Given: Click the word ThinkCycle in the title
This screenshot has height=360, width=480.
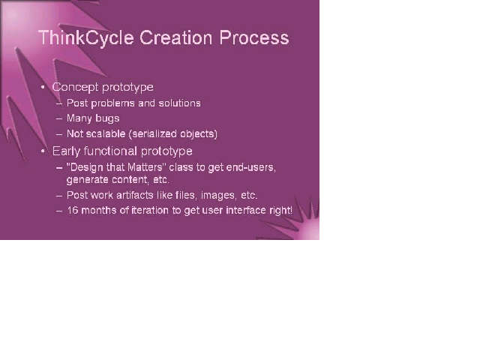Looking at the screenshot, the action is click(86, 38).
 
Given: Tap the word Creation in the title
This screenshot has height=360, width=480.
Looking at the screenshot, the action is click(175, 37).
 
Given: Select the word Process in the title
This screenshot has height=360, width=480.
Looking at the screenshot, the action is click(254, 37).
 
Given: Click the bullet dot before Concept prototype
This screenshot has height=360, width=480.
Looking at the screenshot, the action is click(43, 87).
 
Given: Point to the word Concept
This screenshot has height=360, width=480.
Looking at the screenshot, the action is click(75, 87).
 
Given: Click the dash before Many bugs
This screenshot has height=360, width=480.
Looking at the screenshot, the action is click(59, 118).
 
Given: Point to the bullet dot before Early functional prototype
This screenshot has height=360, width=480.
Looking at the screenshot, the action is click(43, 151).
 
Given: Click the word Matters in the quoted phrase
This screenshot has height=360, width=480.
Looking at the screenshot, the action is click(145, 167).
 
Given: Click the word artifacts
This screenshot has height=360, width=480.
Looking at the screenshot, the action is click(135, 195).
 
